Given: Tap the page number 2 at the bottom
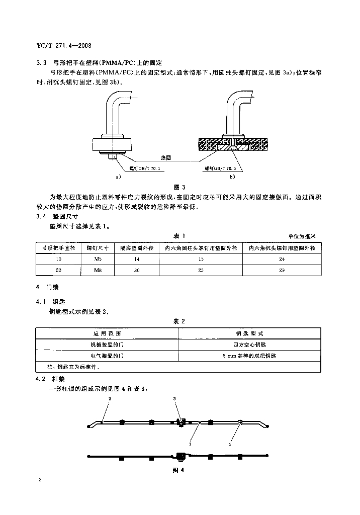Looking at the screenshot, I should [39, 480].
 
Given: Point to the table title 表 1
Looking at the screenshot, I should [179, 236].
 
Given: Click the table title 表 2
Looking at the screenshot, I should [179, 321].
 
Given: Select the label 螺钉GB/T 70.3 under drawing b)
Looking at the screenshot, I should [220, 169].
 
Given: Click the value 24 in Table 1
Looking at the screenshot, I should [282, 259].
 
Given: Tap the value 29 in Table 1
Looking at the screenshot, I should [282, 270].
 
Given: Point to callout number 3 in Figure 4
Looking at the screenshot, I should [174, 398].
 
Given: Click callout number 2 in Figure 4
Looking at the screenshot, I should [110, 398].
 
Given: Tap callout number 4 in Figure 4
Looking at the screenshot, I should [230, 444].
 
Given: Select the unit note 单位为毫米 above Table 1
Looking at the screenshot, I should [303, 236].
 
